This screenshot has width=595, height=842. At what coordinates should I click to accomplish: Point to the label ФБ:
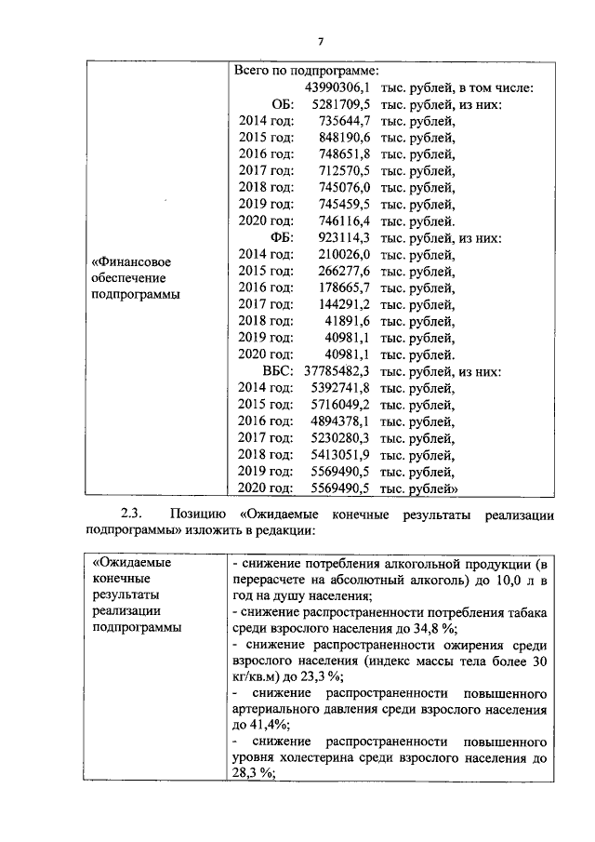tap(282, 238)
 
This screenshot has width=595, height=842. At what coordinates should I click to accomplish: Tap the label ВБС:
tap(278, 371)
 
